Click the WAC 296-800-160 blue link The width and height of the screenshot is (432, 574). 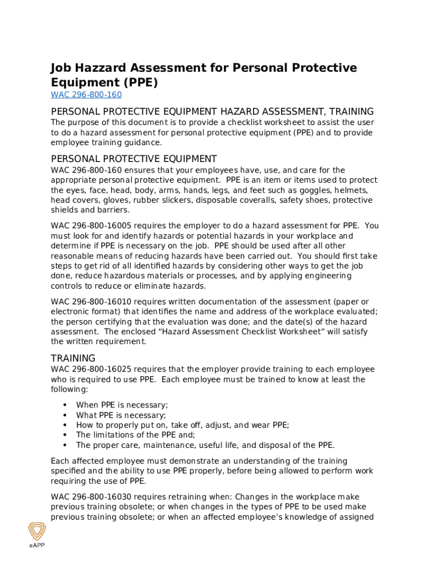86,95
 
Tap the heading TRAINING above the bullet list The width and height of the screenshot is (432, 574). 73,358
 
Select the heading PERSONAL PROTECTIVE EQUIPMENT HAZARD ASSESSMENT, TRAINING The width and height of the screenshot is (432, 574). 212,112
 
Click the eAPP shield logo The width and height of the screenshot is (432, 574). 37,532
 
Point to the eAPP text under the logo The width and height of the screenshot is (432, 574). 37,547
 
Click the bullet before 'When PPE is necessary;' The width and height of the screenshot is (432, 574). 65,405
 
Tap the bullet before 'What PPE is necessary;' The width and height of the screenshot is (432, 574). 65,415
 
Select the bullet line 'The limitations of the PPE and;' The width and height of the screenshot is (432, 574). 135,435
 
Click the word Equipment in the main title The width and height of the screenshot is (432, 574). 82,82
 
